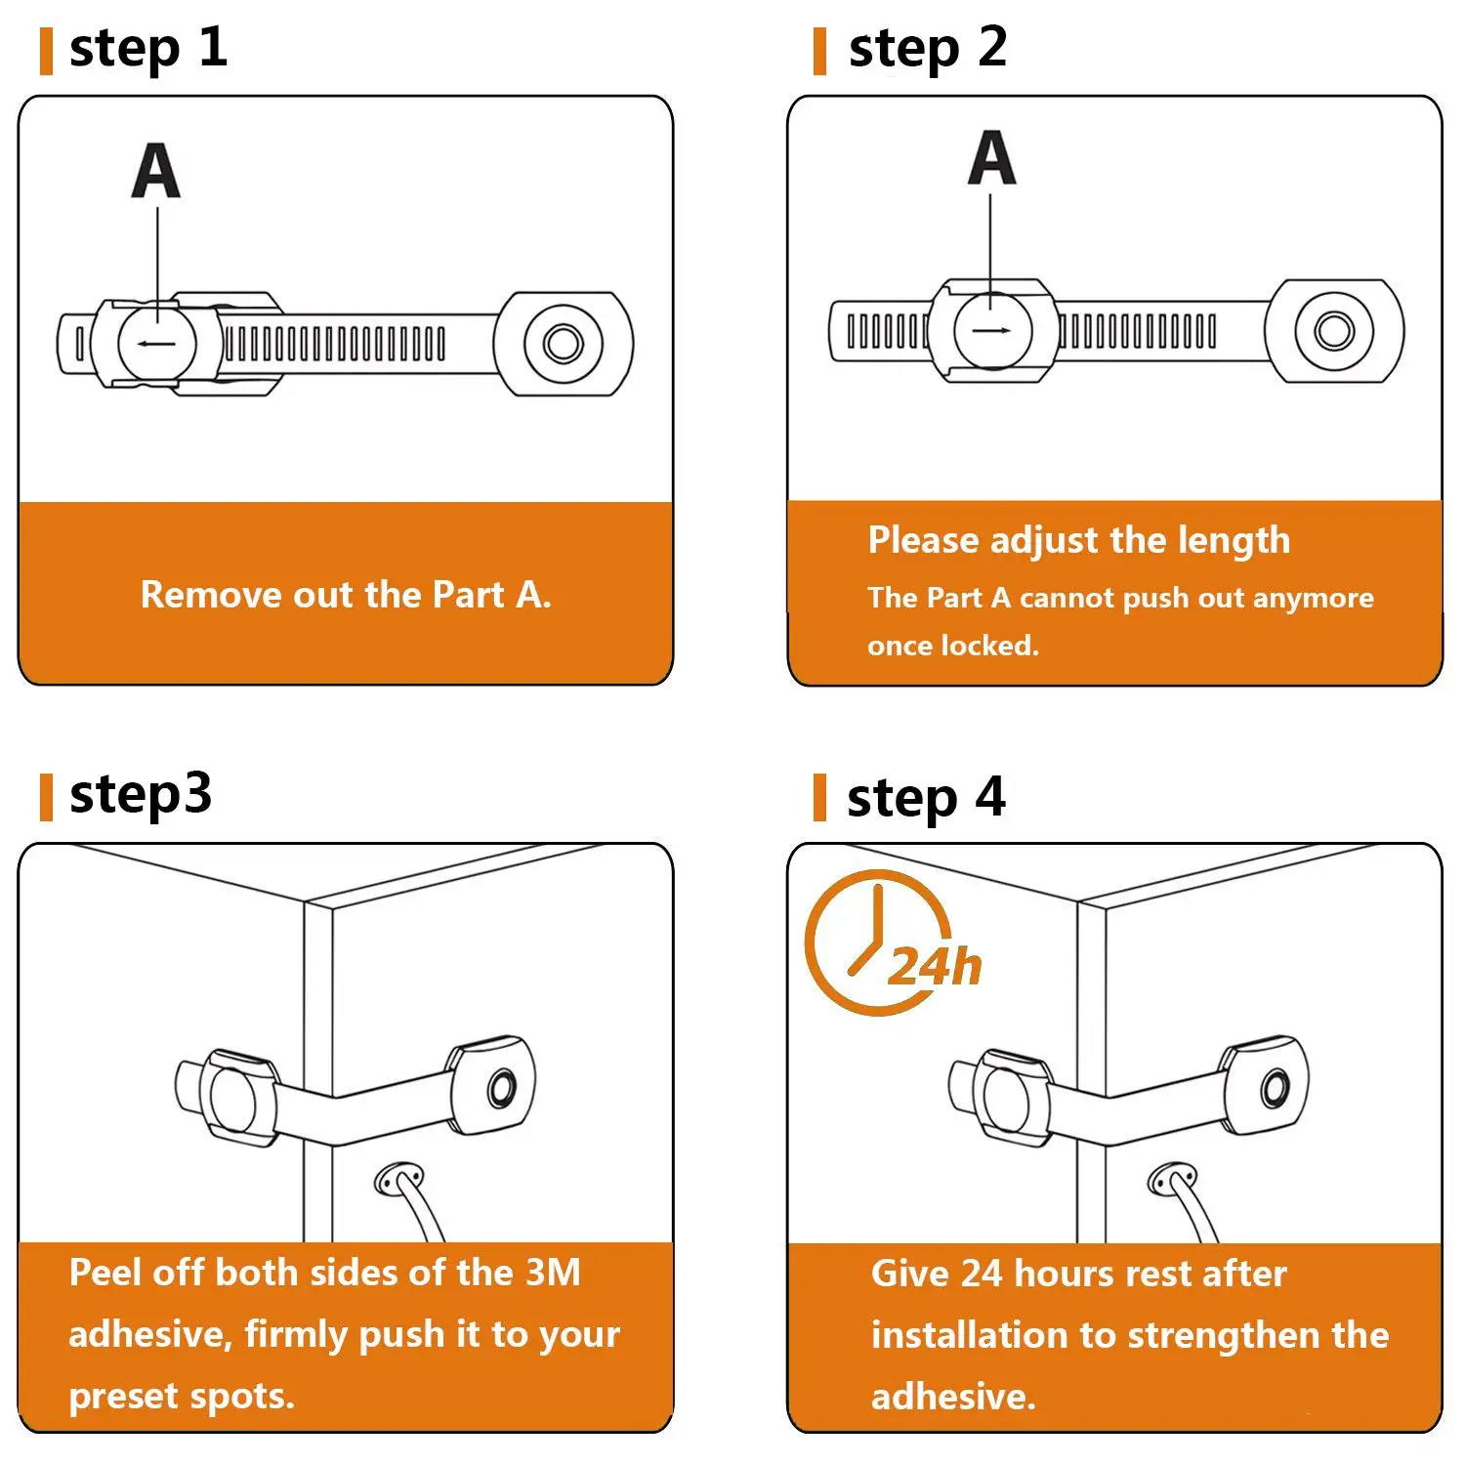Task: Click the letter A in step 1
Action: coord(156,171)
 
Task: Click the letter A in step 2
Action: coord(992,157)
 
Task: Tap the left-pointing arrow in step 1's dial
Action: coord(156,343)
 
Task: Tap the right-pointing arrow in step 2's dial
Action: coord(992,330)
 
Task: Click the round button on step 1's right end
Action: coord(563,343)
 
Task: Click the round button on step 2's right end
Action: coord(1334,330)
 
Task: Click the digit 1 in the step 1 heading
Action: coord(213,46)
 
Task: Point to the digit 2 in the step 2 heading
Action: coord(992,46)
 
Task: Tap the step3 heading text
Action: coord(141,794)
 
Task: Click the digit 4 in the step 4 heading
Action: coord(990,796)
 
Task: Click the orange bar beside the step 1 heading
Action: coord(45,51)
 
